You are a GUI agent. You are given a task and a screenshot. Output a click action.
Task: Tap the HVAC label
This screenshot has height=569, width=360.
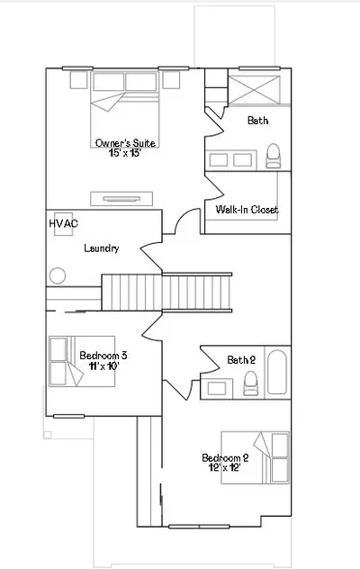point(64,223)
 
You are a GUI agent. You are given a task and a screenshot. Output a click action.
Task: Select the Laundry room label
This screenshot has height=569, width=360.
point(101,248)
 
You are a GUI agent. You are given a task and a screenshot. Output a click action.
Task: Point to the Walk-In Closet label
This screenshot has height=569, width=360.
point(247,210)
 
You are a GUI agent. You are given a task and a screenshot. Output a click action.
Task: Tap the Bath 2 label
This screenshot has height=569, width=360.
point(241,359)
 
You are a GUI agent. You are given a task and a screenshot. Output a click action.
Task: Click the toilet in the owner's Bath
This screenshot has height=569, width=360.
point(274,156)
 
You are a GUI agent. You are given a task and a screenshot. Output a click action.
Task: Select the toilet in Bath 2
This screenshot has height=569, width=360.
point(251,384)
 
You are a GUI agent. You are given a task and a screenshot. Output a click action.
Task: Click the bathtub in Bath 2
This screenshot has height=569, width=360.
point(277,372)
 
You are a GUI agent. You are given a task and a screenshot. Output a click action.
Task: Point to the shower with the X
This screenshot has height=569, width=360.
point(254,90)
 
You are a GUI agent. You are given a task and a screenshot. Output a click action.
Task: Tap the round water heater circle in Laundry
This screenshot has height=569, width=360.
point(58,275)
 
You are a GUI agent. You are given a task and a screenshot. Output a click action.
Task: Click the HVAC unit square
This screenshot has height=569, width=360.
point(64,224)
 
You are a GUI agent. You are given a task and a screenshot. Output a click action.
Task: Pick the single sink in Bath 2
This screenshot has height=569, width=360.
point(217,389)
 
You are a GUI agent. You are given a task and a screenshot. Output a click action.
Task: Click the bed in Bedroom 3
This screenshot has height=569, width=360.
point(82,361)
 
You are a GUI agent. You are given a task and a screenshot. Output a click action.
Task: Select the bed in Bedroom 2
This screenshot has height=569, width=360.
point(255,457)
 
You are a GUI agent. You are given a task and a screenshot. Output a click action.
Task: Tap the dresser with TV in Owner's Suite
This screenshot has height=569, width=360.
point(121,198)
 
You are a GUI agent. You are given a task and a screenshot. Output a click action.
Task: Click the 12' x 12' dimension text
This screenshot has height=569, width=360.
point(225,468)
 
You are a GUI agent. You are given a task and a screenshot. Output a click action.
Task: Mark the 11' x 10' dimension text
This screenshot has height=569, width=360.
point(103,366)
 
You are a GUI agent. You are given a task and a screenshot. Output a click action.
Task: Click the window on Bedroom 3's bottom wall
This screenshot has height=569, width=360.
point(69,416)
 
